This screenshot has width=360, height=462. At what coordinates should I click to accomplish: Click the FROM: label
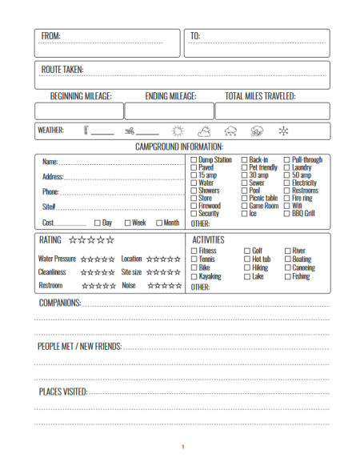(x=50, y=36)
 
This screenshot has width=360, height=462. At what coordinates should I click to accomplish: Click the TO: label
(x=195, y=36)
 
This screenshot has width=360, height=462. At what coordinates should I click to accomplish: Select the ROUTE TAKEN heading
(x=62, y=70)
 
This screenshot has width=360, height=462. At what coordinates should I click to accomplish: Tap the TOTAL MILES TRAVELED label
(x=260, y=96)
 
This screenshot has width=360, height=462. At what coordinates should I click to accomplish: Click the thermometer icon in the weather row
(x=85, y=131)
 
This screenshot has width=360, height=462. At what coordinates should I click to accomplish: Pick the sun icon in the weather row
(x=178, y=131)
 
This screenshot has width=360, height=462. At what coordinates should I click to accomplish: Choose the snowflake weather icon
(x=282, y=131)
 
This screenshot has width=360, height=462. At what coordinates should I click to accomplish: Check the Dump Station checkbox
(x=194, y=160)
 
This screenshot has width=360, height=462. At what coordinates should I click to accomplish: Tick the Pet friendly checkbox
(x=244, y=168)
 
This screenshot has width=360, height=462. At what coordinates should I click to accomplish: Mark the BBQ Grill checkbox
(x=287, y=214)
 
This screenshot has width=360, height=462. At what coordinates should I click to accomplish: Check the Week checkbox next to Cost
(x=128, y=223)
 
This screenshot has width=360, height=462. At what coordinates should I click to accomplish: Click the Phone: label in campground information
(x=50, y=192)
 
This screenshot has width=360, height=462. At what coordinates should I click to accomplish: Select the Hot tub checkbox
(x=246, y=259)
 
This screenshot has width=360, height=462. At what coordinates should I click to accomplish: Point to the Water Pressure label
(x=57, y=259)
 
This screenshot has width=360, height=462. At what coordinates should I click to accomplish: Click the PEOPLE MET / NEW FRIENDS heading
(x=79, y=347)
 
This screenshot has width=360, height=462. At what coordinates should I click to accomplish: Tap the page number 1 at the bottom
(x=182, y=447)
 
